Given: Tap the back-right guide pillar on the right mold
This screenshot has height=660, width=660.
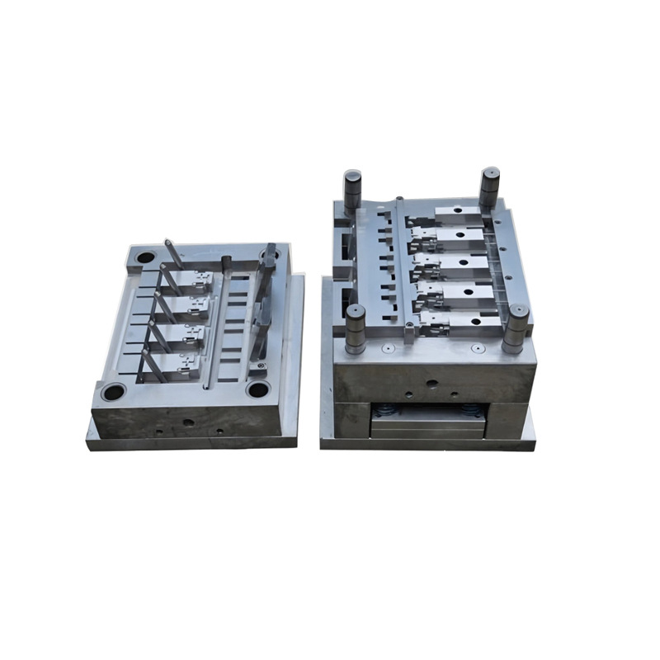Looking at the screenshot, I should point(489,187).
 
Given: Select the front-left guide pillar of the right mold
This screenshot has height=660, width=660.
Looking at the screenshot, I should point(356,328).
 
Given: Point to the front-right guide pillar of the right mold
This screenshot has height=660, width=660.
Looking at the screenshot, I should point(516,328).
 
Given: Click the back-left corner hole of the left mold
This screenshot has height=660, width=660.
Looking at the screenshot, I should point(145,257).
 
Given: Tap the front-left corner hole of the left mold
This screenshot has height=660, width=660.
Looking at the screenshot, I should point(113,391).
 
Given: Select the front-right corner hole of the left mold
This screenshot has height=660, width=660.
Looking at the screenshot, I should point(257,389).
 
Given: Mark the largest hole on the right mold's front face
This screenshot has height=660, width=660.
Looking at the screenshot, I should point(431,384).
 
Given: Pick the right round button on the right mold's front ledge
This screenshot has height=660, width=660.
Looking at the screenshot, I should point(476,347).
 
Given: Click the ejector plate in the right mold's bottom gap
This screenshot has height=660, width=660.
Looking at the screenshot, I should point(427,427).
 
